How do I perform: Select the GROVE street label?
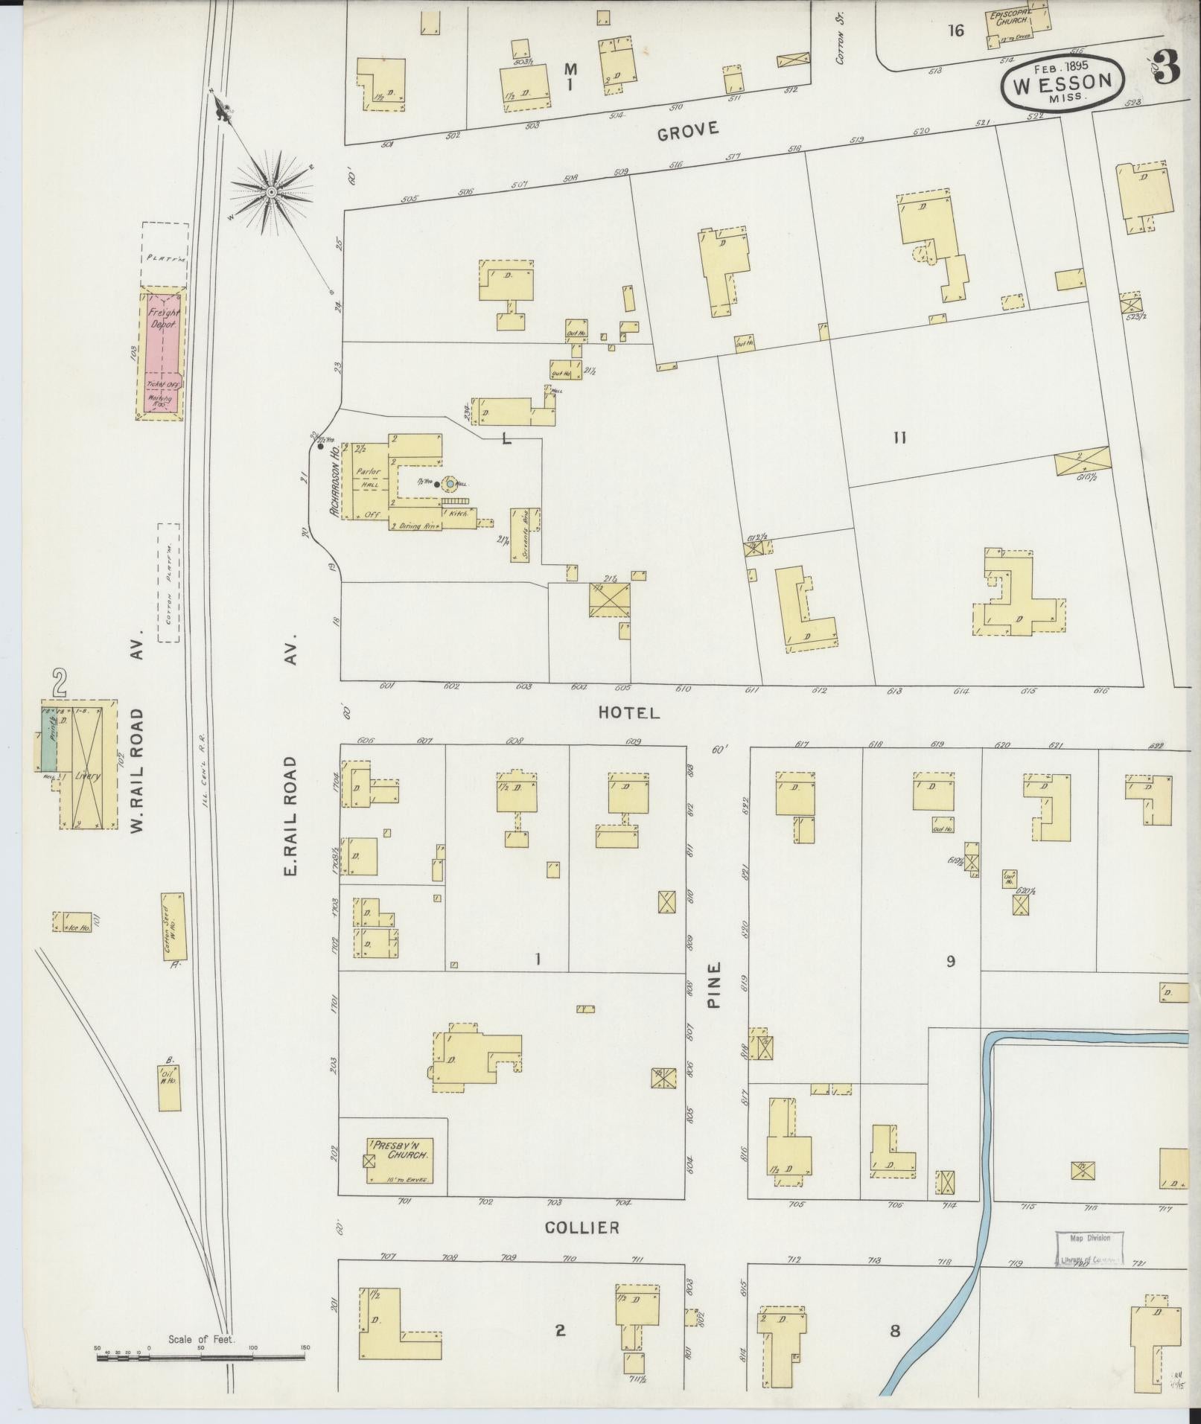click(689, 130)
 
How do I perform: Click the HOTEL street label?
click(629, 713)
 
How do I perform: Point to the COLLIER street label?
click(582, 1228)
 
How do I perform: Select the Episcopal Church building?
click(1017, 20)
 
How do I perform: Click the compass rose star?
click(272, 193)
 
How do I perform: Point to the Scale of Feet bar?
click(201, 1358)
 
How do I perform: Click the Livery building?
click(87, 764)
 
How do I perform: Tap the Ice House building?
click(73, 922)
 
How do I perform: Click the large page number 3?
click(1167, 68)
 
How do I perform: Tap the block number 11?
click(899, 438)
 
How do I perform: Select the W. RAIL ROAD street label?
click(137, 770)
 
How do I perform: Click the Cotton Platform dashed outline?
click(169, 581)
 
